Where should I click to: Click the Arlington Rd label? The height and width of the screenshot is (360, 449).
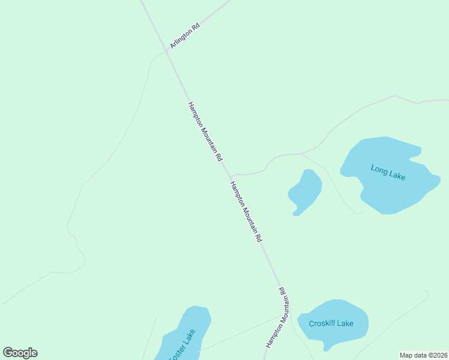185,36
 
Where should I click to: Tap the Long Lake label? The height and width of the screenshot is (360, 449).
388,172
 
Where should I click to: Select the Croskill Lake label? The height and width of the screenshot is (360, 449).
331,323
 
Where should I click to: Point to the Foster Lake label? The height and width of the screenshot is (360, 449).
182,346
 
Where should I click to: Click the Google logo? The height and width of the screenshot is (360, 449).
20,353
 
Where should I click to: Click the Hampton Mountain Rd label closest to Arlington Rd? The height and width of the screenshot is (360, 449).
205,132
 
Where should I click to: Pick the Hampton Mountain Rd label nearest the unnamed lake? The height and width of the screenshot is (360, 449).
246,211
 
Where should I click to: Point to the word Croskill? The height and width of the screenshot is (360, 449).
322,323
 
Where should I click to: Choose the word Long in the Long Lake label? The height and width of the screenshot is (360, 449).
379,169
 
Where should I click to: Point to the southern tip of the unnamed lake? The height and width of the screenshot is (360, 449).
295,213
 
